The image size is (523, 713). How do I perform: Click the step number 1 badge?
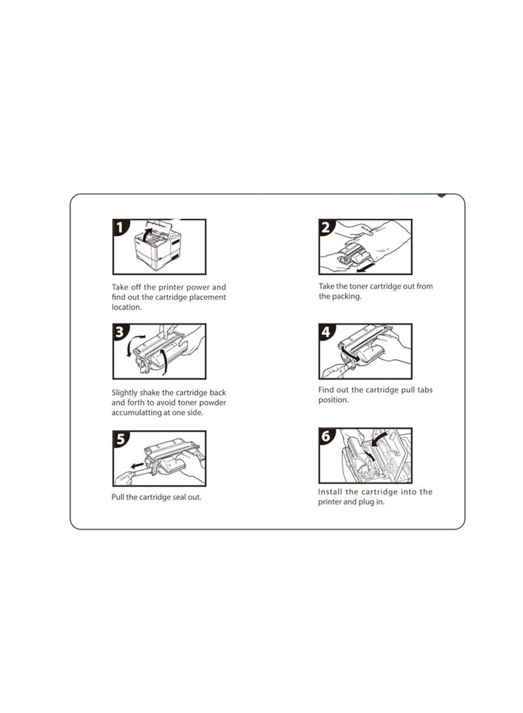pos(121,227)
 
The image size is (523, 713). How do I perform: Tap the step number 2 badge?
pos(328,227)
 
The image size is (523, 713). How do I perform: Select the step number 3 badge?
pos(121,332)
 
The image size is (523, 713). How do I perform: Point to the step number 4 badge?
pos(328,332)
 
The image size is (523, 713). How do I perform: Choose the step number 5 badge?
pos(121,439)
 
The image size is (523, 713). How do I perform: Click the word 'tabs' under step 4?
pos(426,390)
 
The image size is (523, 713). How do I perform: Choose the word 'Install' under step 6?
pos(329,491)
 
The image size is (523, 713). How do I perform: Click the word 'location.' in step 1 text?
pos(126,307)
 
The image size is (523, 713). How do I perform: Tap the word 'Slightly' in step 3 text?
pos(124,392)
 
